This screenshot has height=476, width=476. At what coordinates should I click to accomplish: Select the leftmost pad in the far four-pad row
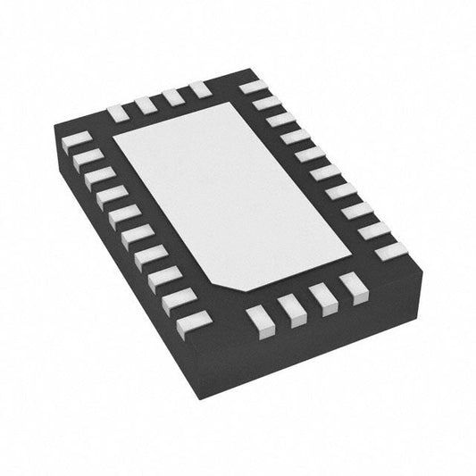tap(118, 113)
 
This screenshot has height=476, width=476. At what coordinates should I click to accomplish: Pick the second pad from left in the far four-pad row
tap(146, 104)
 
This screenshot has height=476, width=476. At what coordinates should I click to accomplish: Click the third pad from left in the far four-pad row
tap(172, 96)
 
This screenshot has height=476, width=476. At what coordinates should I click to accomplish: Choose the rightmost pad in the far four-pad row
tap(198, 88)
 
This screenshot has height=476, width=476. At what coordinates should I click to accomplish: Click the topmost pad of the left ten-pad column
tap(78, 140)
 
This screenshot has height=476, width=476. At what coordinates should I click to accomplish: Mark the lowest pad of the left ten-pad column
tap(194, 322)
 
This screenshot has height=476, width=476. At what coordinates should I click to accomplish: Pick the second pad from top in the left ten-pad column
tap(88, 158)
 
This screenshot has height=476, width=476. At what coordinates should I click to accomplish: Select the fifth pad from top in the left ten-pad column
tap(124, 215)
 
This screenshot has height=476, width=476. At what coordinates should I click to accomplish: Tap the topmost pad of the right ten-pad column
tap(254, 88)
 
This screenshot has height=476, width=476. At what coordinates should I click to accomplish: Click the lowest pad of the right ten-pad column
tap(390, 251)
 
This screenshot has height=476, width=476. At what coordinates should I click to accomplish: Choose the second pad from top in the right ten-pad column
tap(266, 103)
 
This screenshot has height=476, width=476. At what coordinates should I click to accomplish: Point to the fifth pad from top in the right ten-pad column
tap(310, 154)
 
